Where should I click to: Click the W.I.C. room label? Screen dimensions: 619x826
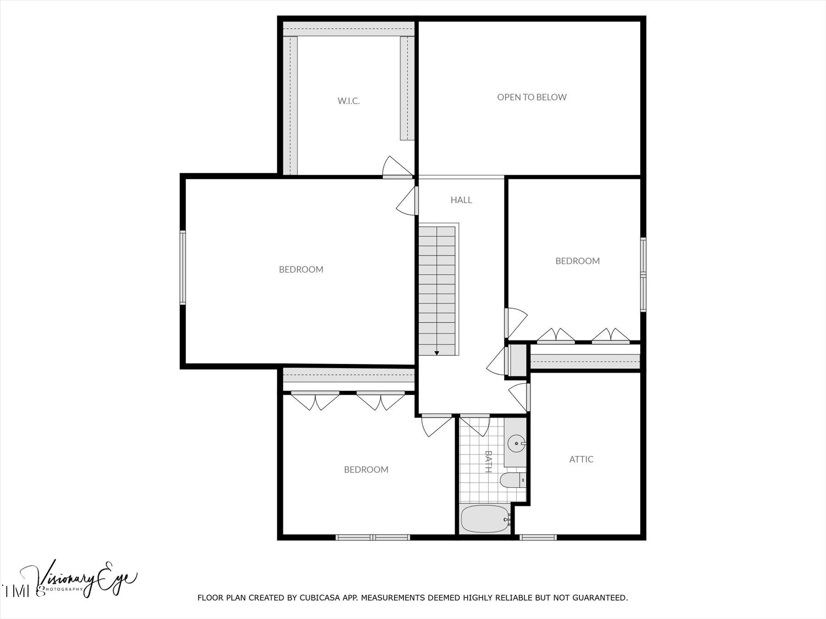click(x=349, y=101)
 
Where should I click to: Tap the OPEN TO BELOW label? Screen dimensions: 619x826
click(x=532, y=97)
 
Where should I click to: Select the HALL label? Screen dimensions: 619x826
click(x=461, y=200)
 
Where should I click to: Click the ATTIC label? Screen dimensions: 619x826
click(x=581, y=459)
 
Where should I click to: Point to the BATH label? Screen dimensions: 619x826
click(x=488, y=461)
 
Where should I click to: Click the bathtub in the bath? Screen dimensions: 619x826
click(x=486, y=519)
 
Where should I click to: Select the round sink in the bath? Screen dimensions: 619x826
click(x=517, y=443)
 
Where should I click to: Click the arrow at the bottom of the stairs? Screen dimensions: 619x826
click(x=437, y=353)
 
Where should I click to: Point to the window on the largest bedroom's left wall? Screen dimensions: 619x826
click(x=183, y=267)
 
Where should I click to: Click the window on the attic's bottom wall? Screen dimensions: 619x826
click(x=538, y=537)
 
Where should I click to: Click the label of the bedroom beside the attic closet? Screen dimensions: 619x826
click(x=578, y=261)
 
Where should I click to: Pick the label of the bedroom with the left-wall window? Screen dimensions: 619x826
click(x=301, y=270)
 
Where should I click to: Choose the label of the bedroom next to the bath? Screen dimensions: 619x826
click(x=366, y=470)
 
